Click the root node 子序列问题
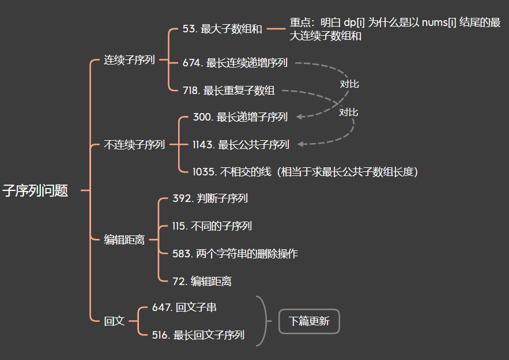pyautogui.click(x=35, y=191)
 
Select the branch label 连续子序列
pyautogui.click(x=129, y=59)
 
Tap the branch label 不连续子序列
pyautogui.click(x=134, y=145)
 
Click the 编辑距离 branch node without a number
pyautogui.click(x=124, y=240)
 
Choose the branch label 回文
pyautogui.click(x=114, y=321)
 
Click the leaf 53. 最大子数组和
pyautogui.click(x=222, y=29)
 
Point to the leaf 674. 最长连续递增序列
pyautogui.click(x=235, y=63)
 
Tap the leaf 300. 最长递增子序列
pyautogui.click(x=240, y=117)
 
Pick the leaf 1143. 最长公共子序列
pyautogui.click(x=241, y=145)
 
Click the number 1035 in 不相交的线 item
pyautogui.click(x=203, y=171)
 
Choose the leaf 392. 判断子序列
pyautogui.click(x=210, y=198)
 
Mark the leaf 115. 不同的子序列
pyautogui.click(x=212, y=226)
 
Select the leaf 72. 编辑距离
pyautogui.click(x=202, y=281)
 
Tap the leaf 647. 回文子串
pyautogui.click(x=184, y=307)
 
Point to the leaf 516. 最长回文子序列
pyautogui.click(x=198, y=335)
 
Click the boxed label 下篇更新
pyautogui.click(x=309, y=321)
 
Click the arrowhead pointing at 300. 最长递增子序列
pyautogui.click(x=300, y=117)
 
